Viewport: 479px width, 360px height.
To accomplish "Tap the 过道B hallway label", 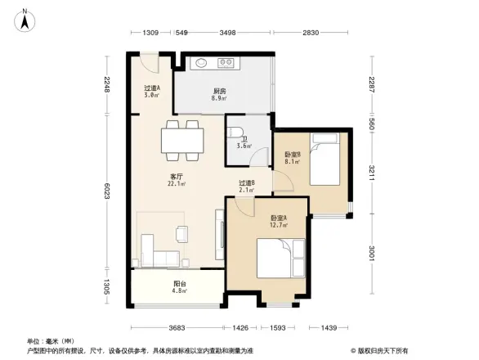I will (x=247, y=186).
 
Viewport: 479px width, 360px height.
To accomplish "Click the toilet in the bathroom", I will (x=234, y=132).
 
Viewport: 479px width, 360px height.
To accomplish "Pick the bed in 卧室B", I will (x=328, y=162).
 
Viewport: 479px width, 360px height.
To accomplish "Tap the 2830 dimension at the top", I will (x=310, y=33).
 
